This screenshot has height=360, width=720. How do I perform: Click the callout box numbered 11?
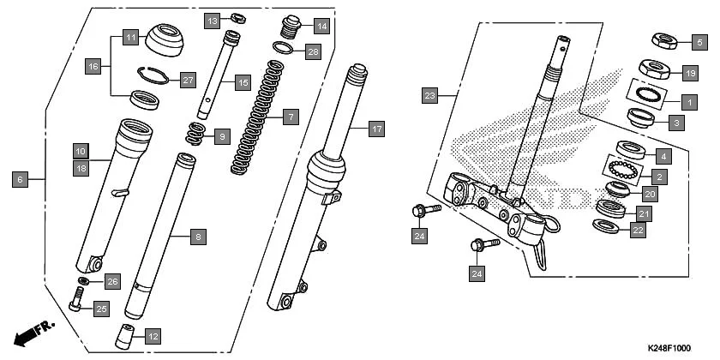[129, 38]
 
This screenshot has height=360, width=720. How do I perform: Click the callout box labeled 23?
[431, 96]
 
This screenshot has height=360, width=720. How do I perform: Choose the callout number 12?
[153, 336]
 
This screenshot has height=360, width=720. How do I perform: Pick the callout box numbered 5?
[700, 40]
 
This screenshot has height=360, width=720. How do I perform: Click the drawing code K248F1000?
[669, 348]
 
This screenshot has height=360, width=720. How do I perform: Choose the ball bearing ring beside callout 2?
[623, 169]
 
